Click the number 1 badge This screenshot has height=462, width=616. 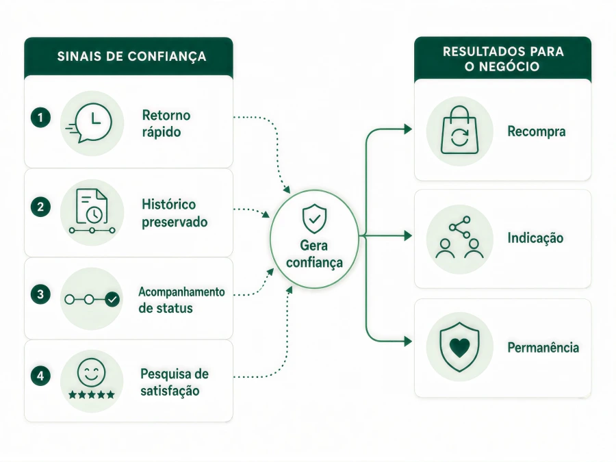40,118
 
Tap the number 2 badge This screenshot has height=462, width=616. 40,207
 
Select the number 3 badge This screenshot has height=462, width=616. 40,294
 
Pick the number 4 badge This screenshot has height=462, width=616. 40,376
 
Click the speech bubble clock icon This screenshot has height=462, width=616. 90,123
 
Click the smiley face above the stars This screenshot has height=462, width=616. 92,372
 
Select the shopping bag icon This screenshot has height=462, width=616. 460,130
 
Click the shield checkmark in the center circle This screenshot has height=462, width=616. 314,218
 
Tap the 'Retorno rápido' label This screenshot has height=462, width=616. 166,123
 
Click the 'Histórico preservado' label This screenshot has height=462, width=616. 175,213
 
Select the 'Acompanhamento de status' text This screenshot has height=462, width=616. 181,300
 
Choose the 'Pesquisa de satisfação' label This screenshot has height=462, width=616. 175,382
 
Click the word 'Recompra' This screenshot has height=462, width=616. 536,131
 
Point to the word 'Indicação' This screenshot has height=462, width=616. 535,238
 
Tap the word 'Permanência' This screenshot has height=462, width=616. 543,347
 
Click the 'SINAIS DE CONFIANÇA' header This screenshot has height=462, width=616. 131,57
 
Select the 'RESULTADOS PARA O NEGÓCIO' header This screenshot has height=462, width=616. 503,59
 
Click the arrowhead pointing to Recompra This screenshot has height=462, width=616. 408,129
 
